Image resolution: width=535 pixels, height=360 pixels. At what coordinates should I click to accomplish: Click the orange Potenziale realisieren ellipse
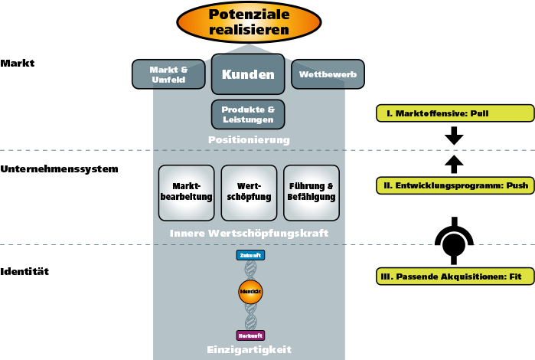tap(249, 22)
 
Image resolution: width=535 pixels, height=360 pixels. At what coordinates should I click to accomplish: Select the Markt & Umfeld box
tap(168, 74)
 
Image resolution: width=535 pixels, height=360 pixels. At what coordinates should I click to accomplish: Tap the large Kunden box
tap(248, 74)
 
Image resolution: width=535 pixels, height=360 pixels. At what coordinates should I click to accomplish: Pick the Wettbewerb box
tap(328, 74)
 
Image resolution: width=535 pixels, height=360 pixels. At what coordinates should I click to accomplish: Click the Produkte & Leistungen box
tap(248, 114)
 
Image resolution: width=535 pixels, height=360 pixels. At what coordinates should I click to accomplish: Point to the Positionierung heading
tap(249, 140)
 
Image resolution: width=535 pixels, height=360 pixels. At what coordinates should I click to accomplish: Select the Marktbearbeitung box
tap(186, 192)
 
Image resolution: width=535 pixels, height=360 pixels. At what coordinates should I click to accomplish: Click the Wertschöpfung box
tap(249, 192)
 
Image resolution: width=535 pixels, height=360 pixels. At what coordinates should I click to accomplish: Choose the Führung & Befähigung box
tap(312, 192)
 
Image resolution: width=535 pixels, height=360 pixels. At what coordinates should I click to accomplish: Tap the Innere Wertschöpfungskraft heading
tap(249, 232)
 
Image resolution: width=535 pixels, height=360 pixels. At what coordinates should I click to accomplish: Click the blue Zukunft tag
tap(250, 255)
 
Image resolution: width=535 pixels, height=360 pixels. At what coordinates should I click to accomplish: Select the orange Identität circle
tap(250, 292)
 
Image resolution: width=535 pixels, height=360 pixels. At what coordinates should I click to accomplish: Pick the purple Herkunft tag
tap(250, 335)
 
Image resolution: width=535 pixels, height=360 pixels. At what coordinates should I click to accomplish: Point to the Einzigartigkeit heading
tap(249, 349)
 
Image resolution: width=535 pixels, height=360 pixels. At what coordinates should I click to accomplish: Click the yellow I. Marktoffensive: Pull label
tap(455, 113)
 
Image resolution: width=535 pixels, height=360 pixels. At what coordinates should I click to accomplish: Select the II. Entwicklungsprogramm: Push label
tap(455, 185)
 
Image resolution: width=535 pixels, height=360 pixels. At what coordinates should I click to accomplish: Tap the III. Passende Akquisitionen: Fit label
tap(455, 277)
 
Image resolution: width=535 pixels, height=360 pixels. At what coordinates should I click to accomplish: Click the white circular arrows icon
tap(454, 245)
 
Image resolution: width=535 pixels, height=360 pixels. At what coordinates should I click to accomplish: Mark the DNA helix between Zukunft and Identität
tap(250, 270)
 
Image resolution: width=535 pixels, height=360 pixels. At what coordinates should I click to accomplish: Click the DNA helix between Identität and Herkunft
tap(250, 317)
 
